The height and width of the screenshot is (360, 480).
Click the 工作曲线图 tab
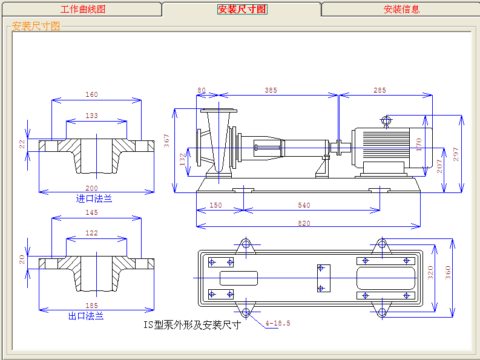pyautogui.click(x=83, y=9)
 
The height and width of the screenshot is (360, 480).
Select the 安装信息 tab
pyautogui.click(x=401, y=9)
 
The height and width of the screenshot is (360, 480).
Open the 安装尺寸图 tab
pyautogui.click(x=242, y=9)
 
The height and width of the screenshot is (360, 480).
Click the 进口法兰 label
pyautogui.click(x=94, y=198)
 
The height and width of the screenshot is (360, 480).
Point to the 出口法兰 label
pyautogui.click(x=87, y=316)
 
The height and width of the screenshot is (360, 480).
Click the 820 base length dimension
pyautogui.click(x=304, y=223)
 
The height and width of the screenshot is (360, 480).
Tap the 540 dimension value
pyautogui.click(x=304, y=206)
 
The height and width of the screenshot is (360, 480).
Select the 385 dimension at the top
pyautogui.click(x=271, y=90)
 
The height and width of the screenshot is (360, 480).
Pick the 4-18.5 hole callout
pyautogui.click(x=278, y=323)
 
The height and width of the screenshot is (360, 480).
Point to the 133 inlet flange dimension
pyautogui.click(x=91, y=116)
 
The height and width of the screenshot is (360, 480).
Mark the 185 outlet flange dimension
pyautogui.click(x=91, y=306)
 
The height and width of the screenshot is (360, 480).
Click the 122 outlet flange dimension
pyautogui.click(x=91, y=233)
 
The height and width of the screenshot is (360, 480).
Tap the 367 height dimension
pyautogui.click(x=167, y=140)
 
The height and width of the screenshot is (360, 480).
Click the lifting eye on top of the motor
pyautogui.click(x=386, y=120)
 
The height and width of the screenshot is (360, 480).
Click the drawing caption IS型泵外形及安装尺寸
pyautogui.click(x=192, y=325)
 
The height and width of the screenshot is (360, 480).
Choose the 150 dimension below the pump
pyautogui.click(x=215, y=206)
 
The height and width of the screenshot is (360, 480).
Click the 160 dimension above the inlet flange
pyautogui.click(x=91, y=94)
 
